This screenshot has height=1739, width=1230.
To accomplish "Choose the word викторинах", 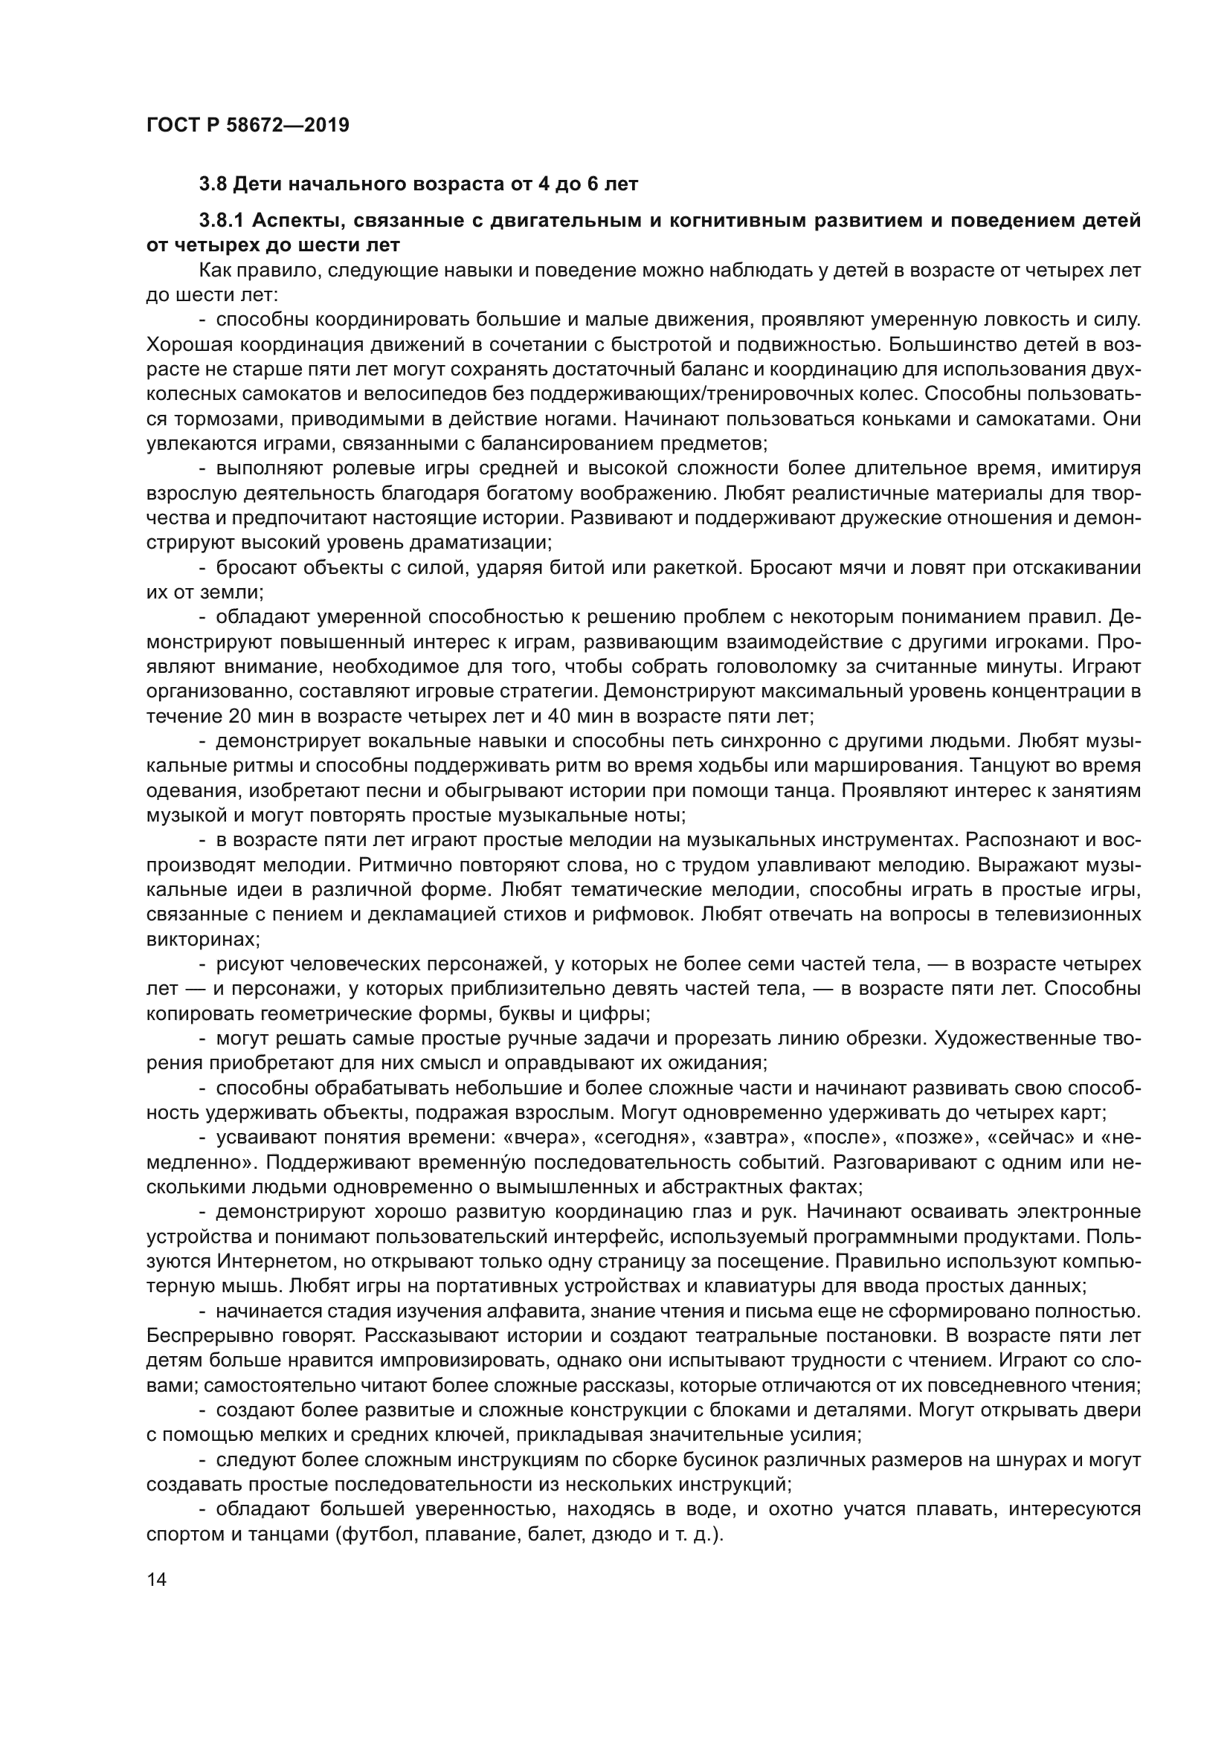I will pyautogui.click(x=202, y=940).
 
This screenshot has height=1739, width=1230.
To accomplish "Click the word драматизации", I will pyautogui.click(x=475, y=543).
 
